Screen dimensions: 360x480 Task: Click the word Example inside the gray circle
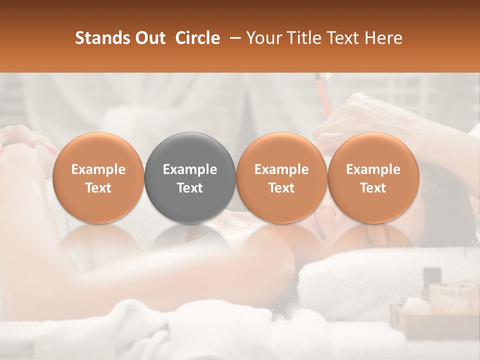[190, 169]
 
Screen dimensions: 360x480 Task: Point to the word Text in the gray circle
[190, 188]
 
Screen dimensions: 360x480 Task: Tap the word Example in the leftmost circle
[98, 169]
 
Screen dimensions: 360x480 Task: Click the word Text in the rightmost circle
[373, 188]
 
